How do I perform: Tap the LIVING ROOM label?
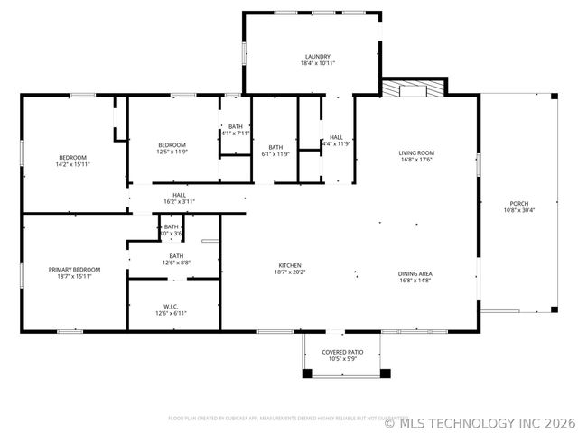tap(416, 152)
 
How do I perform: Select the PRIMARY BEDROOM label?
tap(74, 269)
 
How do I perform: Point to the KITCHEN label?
tap(289, 265)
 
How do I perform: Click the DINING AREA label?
tap(415, 273)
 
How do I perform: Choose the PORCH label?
tap(518, 203)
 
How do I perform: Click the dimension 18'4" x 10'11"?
tap(317, 63)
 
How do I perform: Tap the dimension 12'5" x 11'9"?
tap(172, 152)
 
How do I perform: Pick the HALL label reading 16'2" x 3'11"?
tap(179, 201)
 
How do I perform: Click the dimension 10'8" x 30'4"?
tap(518, 210)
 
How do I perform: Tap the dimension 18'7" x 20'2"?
tap(289, 272)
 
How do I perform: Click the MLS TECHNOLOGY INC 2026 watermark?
tap(479, 421)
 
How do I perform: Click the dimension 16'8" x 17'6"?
tap(416, 160)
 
